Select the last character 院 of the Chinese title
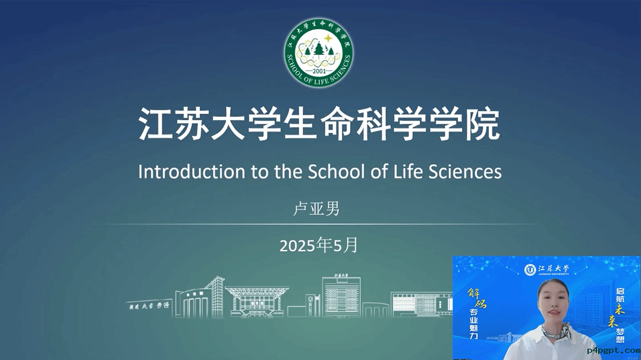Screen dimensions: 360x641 point(482,124)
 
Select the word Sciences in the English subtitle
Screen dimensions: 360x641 point(464,171)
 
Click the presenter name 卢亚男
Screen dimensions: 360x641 point(316,209)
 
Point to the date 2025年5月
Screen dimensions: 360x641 point(319,245)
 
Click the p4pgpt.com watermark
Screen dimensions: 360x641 point(613,351)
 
